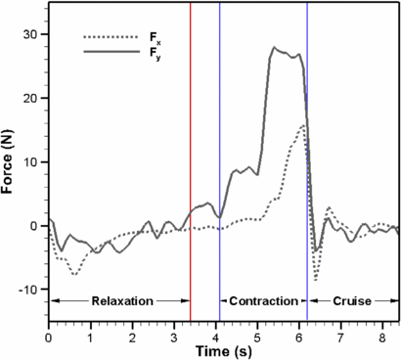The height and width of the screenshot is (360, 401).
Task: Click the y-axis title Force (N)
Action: (x=11, y=161)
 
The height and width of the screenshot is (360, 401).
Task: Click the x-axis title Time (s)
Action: (x=224, y=350)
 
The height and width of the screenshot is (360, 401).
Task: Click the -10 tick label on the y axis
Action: (x=28, y=290)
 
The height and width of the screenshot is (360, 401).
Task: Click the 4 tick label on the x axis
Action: (x=215, y=335)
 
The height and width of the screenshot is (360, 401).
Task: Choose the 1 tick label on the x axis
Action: (x=90, y=335)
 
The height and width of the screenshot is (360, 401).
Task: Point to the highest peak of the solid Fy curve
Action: (x=274, y=47)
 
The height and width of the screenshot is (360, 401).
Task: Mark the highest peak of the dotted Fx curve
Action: (x=304, y=125)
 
